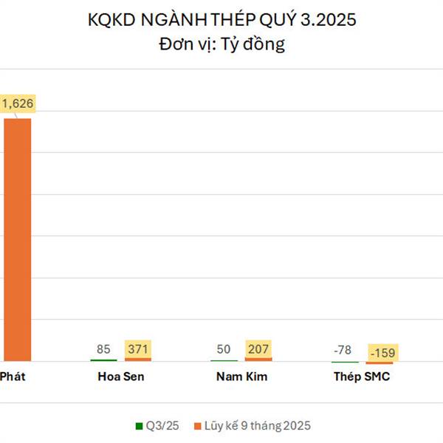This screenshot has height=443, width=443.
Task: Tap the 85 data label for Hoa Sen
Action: click(103, 348)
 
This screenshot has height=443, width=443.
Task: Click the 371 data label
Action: click(138, 348)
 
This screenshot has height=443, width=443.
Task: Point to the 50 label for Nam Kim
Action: click(224, 348)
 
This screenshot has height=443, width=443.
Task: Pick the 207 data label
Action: click(258, 348)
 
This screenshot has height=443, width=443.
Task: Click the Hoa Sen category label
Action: click(120, 377)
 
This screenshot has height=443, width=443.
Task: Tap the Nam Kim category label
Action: click(241, 377)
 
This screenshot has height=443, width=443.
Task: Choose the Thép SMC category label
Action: click(362, 377)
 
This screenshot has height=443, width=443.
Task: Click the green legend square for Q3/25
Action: click(138, 426)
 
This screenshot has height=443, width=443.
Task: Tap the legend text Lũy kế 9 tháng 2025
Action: click(258, 426)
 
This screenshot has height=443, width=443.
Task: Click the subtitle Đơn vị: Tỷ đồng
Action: click(221, 44)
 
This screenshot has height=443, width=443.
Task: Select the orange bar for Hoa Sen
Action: click(138, 360)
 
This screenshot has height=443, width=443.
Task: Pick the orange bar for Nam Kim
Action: click(258, 360)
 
